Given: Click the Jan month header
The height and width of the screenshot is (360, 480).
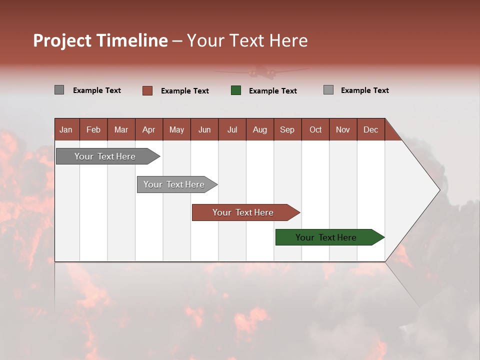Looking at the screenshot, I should (x=66, y=129).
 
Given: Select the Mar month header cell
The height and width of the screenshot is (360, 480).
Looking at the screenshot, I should (x=121, y=129).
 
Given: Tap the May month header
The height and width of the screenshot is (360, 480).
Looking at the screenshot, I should (x=176, y=129).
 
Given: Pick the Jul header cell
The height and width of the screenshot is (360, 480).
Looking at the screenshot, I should (x=232, y=129).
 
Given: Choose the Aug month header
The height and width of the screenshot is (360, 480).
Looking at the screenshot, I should (x=259, y=129).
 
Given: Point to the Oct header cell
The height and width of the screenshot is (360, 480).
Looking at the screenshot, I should (x=315, y=129).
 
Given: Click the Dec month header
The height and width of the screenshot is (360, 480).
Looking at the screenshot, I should (x=370, y=129).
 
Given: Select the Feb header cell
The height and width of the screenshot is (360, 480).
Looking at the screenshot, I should (x=93, y=129).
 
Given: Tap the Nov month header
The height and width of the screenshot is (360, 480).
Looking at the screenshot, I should (x=342, y=129).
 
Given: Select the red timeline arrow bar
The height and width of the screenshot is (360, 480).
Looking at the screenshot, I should (x=244, y=212).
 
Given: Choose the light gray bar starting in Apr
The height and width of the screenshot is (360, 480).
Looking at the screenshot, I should (x=175, y=184).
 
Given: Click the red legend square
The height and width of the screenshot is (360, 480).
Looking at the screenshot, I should (x=147, y=90).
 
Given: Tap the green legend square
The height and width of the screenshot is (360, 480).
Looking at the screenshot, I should (x=236, y=90).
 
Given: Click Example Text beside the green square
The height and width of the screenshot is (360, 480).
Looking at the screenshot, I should (x=272, y=91).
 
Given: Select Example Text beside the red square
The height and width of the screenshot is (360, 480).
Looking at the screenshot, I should (x=184, y=91).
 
